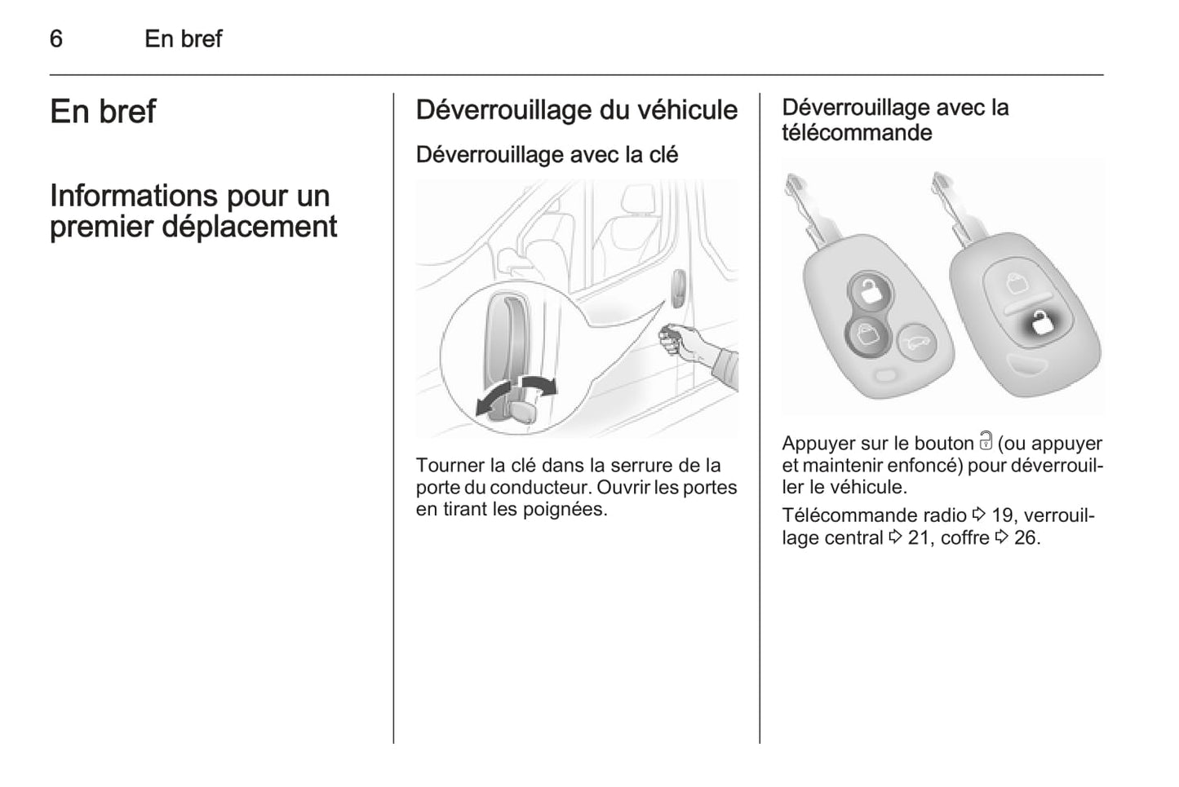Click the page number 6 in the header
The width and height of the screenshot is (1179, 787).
point(56,39)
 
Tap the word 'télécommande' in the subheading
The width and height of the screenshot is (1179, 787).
point(857,133)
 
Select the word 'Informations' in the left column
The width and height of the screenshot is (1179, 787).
point(134,196)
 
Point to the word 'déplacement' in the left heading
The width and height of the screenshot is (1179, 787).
point(249,228)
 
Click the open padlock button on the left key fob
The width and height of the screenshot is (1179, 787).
point(871,290)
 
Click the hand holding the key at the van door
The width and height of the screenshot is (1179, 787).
point(685,342)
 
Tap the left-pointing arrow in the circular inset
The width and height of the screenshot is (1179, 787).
point(494,398)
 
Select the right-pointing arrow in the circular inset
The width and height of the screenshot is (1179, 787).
point(538,385)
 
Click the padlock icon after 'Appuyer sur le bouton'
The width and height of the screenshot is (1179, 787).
point(986,441)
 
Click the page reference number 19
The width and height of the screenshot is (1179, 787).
point(1002,515)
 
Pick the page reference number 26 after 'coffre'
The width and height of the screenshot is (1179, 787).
point(1026,538)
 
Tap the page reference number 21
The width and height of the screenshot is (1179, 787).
point(919,538)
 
